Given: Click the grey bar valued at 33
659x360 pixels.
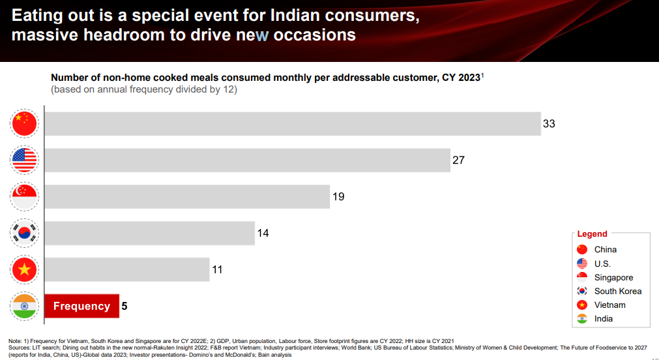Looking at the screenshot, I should [292, 124].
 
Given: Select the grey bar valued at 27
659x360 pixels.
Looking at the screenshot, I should [247, 160].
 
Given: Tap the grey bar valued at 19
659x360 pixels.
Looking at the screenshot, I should [186, 197].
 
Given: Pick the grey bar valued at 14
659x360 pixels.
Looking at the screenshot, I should [149, 233].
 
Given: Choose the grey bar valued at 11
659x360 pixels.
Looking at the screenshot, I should [126, 269].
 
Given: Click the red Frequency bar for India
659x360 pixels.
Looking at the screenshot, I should [81, 306].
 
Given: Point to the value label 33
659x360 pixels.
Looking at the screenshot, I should [549, 124].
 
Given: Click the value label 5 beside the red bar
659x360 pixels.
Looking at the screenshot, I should [125, 306].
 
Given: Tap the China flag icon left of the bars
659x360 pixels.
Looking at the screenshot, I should [25, 124].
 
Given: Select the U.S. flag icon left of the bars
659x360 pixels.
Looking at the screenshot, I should [25, 160].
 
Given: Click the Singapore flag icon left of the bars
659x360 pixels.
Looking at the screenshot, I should [25, 197].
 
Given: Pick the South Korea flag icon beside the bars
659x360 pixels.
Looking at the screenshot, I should [25, 233].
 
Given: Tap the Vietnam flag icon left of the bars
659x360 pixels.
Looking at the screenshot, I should [25, 269].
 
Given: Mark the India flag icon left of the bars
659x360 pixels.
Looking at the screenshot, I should [25, 306].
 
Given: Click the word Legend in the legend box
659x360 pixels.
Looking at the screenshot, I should [592, 234].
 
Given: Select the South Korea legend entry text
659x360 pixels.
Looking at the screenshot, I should [617, 291].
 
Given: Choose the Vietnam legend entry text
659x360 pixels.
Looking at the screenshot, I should [609, 305].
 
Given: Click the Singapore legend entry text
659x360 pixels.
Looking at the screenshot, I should [613, 277].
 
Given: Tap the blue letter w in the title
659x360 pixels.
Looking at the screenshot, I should [261, 35].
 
